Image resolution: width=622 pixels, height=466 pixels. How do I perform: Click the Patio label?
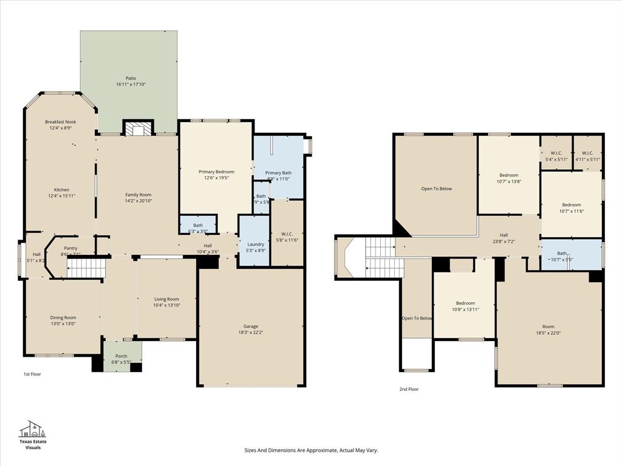point(131,78)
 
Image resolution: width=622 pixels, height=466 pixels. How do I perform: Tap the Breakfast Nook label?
point(60,122)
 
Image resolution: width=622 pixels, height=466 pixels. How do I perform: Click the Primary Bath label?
point(278,173)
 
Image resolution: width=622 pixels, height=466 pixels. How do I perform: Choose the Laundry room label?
point(256,244)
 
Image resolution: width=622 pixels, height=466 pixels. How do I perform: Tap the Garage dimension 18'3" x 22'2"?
point(251,333)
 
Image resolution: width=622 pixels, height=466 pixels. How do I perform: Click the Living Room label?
point(166,299)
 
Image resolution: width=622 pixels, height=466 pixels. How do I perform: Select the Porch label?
point(121,356)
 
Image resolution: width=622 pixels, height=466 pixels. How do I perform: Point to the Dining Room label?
point(63,317)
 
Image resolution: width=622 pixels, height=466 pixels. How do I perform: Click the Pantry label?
point(70,248)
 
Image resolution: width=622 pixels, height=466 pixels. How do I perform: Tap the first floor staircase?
point(86,268)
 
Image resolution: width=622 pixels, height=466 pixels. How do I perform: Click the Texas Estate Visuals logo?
point(33,434)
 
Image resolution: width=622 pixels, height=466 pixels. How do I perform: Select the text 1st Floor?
point(32,374)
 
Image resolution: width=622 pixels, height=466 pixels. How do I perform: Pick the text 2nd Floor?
point(409,389)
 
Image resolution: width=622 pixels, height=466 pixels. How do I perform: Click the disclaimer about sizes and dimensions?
point(311,450)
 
